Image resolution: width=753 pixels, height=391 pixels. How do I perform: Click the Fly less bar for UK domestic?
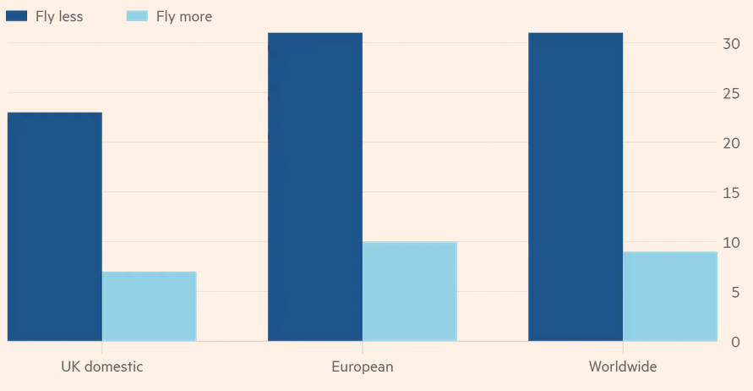pyautogui.click(x=54, y=227)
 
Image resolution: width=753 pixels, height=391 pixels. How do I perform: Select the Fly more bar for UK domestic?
pyautogui.click(x=149, y=306)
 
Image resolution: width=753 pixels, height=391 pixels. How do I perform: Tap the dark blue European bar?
pyautogui.click(x=314, y=186)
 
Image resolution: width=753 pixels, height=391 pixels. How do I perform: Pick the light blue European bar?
pyautogui.click(x=409, y=292)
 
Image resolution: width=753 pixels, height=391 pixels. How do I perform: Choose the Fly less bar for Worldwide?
pyautogui.click(x=575, y=186)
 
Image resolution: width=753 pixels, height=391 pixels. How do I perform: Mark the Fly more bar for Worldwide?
pyautogui.click(x=669, y=296)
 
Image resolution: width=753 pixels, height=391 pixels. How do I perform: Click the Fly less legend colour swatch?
pyautogui.click(x=16, y=16)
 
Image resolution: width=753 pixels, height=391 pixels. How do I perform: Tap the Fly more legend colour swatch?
pyautogui.click(x=137, y=16)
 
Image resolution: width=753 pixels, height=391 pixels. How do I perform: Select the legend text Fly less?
pyautogui.click(x=59, y=16)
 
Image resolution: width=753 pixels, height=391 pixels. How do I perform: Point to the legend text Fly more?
pyautogui.click(x=184, y=16)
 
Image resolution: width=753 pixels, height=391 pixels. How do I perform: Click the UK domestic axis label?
pyautogui.click(x=101, y=366)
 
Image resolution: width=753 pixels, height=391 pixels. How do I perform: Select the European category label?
pyautogui.click(x=362, y=366)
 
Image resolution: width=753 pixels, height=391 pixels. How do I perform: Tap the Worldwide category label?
pyautogui.click(x=622, y=366)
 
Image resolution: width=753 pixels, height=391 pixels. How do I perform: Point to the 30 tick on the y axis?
pyautogui.click(x=731, y=43)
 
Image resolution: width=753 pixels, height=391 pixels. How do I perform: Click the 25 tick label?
pyautogui.click(x=731, y=93)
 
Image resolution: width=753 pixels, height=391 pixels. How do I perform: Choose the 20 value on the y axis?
pyautogui.click(x=731, y=143)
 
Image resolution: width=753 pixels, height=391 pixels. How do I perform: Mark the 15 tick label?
pyautogui.click(x=731, y=193)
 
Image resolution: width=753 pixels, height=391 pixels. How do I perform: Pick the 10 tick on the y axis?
pyautogui.click(x=731, y=243)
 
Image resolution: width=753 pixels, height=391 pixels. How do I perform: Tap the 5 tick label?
pyautogui.click(x=734, y=293)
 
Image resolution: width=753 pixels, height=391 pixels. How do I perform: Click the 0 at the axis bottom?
pyautogui.click(x=734, y=342)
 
